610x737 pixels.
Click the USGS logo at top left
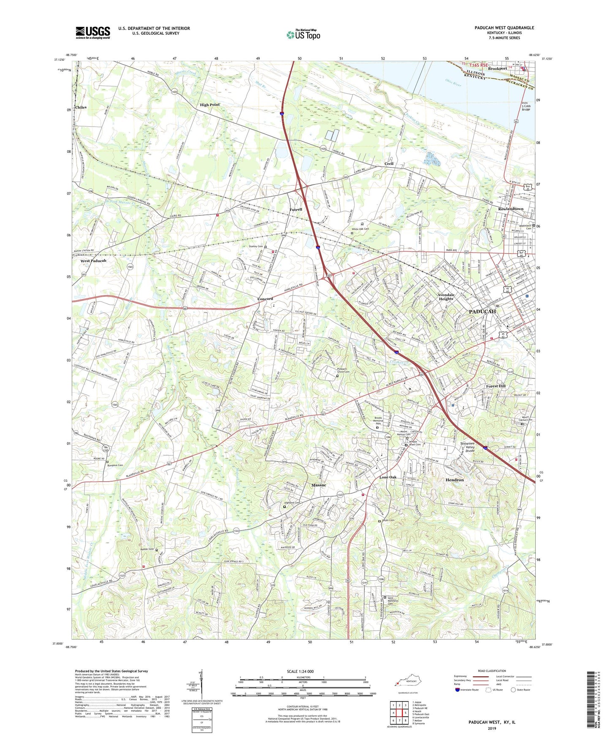[x=93, y=33]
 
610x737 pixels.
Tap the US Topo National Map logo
[x=303, y=34]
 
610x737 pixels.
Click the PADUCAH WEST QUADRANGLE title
[x=504, y=28]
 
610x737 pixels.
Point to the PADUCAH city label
[x=483, y=312]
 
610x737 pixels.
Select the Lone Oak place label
[x=388, y=477]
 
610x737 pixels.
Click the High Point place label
[x=210, y=105]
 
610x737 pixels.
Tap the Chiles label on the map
[x=81, y=107]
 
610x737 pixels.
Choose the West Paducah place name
[x=93, y=261]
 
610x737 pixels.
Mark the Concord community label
[x=265, y=299]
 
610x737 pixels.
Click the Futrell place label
[x=296, y=209]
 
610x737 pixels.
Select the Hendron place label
[x=455, y=480]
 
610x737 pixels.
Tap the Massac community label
[x=318, y=485]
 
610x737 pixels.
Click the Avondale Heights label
[x=445, y=297]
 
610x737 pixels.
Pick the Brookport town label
[x=497, y=68]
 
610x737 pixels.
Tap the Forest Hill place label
[x=496, y=386]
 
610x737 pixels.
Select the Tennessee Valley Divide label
[x=467, y=447]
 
